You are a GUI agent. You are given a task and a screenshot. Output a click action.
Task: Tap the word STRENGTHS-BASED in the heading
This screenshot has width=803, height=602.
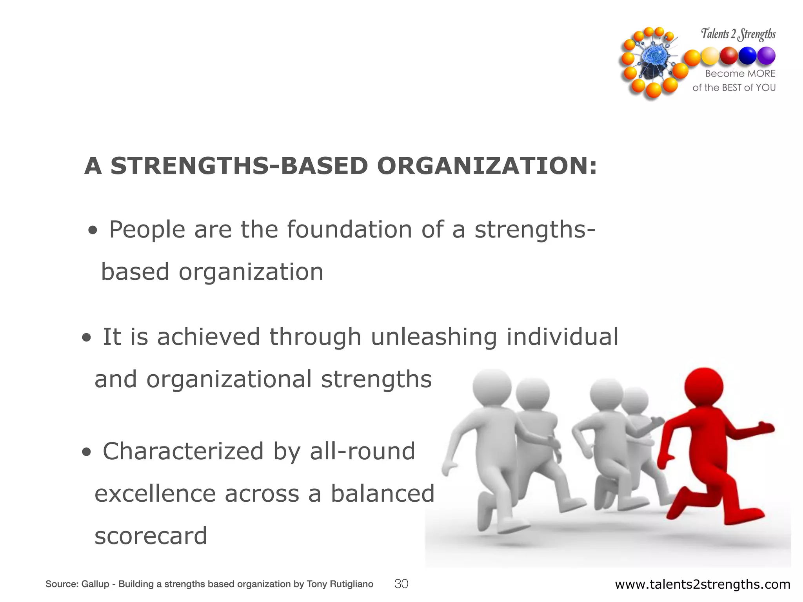coord(239,166)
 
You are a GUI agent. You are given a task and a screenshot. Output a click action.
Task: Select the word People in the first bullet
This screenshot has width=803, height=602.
coord(147,230)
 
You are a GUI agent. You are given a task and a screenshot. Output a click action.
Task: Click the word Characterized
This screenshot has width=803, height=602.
coord(183,451)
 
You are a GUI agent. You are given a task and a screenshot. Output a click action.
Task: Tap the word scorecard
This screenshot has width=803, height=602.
coord(151,536)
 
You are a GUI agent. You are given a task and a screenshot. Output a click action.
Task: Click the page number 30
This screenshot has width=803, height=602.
coord(401,584)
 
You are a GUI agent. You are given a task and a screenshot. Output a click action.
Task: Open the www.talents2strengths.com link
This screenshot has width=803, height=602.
coord(702,584)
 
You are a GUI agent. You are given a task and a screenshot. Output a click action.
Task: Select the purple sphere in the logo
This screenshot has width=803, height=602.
coord(766,56)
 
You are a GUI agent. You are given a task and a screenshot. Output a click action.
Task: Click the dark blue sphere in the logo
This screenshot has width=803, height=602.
coord(747,56)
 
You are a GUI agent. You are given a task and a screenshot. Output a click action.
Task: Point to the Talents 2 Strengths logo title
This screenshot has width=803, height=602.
coord(738,34)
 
